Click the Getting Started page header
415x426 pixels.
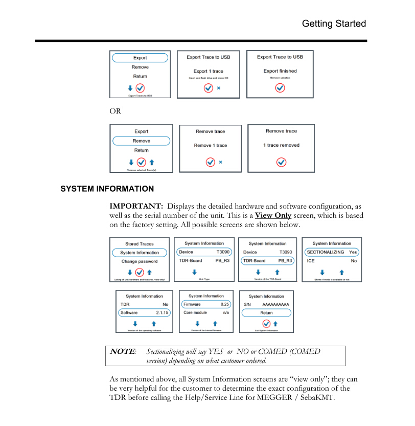[x=334, y=24]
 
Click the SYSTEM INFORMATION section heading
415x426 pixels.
[x=107, y=189]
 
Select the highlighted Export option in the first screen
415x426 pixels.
[x=140, y=58]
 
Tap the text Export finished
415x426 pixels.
[x=280, y=71]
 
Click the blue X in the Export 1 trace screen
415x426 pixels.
[x=219, y=88]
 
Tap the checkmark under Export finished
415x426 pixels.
[x=280, y=88]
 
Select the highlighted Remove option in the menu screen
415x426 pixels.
[x=141, y=141]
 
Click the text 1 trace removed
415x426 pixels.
[x=281, y=145]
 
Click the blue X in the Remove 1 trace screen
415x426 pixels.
[x=220, y=162]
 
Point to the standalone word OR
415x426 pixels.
[x=116, y=111]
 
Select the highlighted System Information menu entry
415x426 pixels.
[x=140, y=253]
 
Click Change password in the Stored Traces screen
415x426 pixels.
[x=140, y=261]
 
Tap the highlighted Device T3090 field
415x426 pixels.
[x=203, y=252]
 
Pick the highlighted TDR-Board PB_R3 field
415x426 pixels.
[x=267, y=261]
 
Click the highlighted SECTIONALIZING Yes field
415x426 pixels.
[x=332, y=252]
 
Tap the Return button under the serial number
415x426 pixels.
[x=266, y=312]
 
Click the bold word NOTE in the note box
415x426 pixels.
[x=123, y=351]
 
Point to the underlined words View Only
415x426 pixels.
[x=273, y=215]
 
